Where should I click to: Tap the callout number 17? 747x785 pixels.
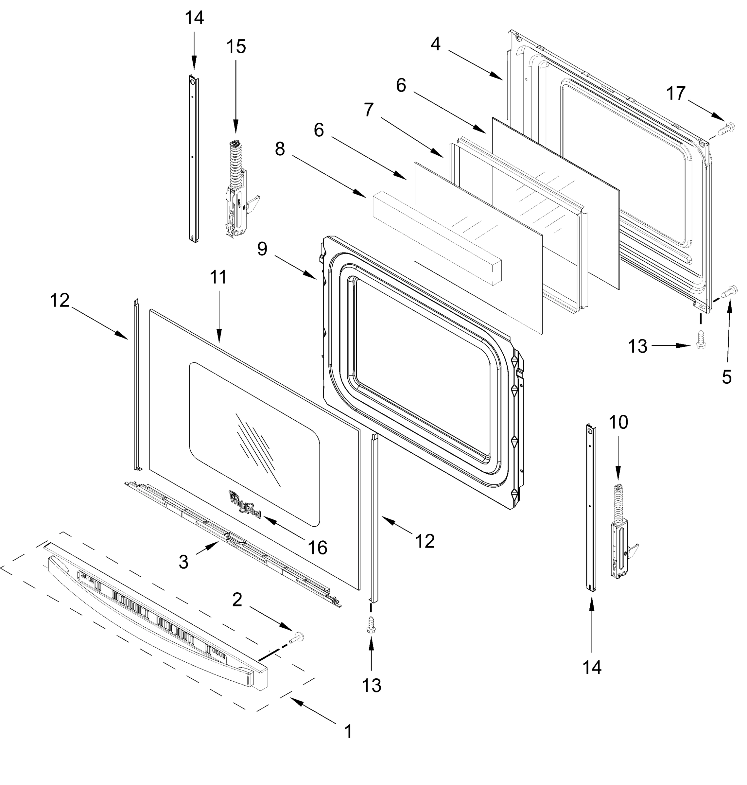pos(676,94)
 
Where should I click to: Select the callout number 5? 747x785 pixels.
pos(727,377)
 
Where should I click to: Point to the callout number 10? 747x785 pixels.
pos(618,422)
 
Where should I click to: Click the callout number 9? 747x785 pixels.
pos(262,249)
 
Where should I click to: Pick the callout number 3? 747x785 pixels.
pos(183,562)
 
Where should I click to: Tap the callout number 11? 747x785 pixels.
pos(218,277)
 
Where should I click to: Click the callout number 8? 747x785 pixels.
pos(280,149)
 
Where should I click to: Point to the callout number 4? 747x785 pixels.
pos(435,44)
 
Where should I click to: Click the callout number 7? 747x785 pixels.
pos(369,110)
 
